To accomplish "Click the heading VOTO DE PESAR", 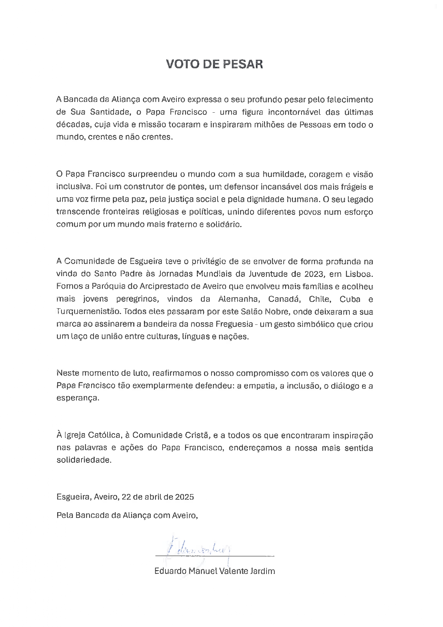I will (215, 64).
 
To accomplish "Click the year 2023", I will (314, 274).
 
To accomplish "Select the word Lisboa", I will (359, 274).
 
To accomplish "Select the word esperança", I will (78, 398).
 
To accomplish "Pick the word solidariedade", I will (84, 460).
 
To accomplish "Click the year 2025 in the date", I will (184, 497).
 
